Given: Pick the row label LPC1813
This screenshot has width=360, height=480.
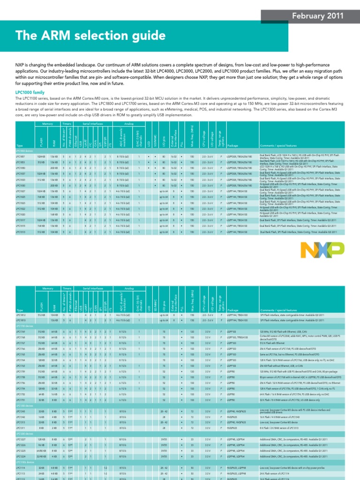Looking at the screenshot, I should [21, 232].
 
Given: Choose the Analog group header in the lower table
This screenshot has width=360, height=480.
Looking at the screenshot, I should [128, 289].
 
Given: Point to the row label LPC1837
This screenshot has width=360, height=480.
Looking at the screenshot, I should [21, 173].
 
